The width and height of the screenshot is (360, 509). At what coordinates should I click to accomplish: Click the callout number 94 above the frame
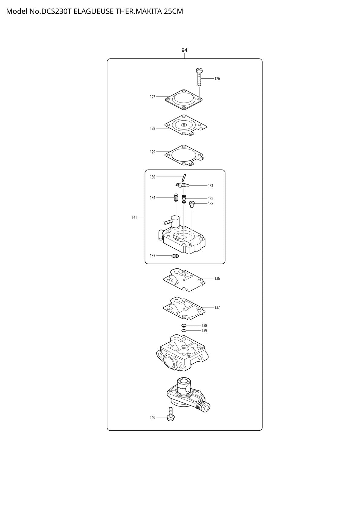pyautogui.click(x=184, y=50)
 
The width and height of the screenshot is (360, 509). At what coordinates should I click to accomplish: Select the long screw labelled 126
pyautogui.click(x=199, y=77)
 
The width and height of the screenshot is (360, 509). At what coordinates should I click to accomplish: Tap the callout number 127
pyautogui.click(x=152, y=97)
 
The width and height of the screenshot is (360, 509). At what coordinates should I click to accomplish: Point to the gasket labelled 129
pyautogui.click(x=184, y=155)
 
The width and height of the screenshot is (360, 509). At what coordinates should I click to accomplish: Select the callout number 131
pyautogui.click(x=211, y=186)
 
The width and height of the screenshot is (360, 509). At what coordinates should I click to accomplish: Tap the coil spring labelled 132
pyautogui.click(x=184, y=199)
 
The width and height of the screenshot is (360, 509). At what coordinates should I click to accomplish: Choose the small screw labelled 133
pyautogui.click(x=192, y=204)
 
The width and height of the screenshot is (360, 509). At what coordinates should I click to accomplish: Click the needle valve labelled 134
pyautogui.click(x=176, y=198)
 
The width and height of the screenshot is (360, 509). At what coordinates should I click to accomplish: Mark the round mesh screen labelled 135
pyautogui.click(x=175, y=256)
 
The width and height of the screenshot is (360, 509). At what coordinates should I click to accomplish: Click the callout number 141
pyautogui.click(x=134, y=217)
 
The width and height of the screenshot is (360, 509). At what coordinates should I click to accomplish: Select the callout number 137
pyautogui.click(x=217, y=308)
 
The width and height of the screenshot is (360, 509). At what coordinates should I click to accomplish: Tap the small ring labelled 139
pyautogui.click(x=184, y=330)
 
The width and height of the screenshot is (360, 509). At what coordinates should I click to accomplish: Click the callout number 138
pyautogui.click(x=204, y=325)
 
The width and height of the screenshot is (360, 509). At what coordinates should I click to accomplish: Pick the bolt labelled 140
pyautogui.click(x=170, y=414)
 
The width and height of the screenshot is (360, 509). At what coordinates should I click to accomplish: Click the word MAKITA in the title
pyautogui.click(x=149, y=11)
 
